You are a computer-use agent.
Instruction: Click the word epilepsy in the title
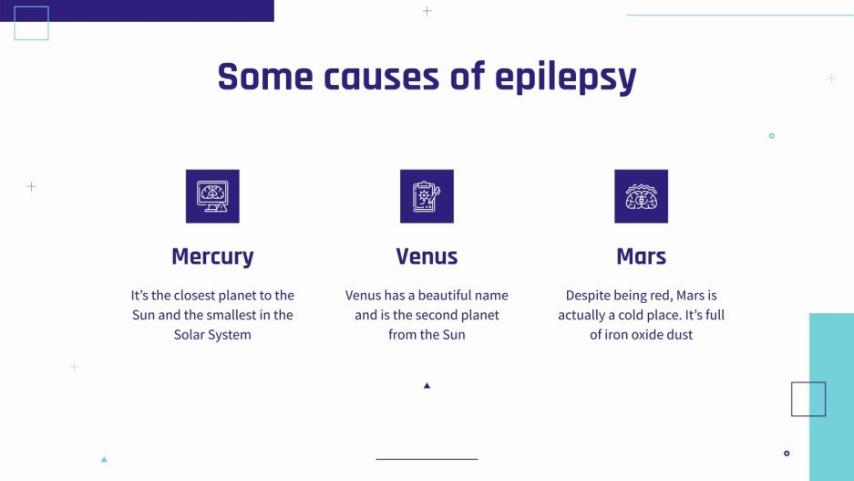click(x=565, y=78)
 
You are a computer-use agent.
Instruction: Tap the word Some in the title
click(x=259, y=77)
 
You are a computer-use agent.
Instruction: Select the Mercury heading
click(x=212, y=256)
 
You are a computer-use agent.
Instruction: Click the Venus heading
click(x=427, y=256)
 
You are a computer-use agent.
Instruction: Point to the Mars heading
click(x=641, y=256)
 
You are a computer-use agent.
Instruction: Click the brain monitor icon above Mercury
click(x=212, y=196)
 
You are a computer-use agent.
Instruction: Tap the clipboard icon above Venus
click(x=427, y=196)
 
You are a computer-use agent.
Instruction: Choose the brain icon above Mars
click(x=641, y=196)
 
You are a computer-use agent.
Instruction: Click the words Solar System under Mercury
click(x=212, y=335)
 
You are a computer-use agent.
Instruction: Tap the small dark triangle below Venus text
click(x=427, y=385)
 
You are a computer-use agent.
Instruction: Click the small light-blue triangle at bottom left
click(x=104, y=459)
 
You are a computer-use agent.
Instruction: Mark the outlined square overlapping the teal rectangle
click(x=808, y=399)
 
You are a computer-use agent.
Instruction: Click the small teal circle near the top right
click(x=771, y=136)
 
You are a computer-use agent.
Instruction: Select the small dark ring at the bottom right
click(x=787, y=453)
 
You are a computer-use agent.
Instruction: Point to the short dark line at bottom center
click(x=427, y=459)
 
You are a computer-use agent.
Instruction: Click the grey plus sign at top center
click(x=427, y=11)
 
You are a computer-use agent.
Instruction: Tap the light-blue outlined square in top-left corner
click(x=32, y=24)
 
